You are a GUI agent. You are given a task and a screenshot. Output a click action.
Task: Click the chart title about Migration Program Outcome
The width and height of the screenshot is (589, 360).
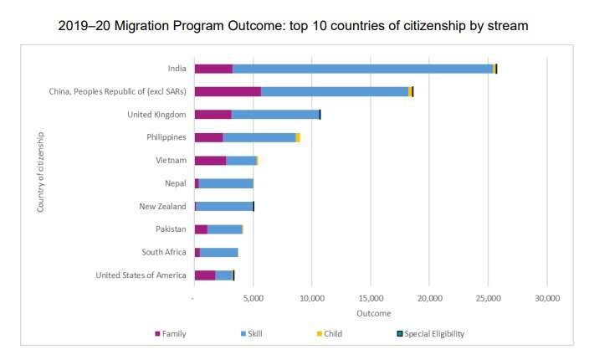[x=294, y=26]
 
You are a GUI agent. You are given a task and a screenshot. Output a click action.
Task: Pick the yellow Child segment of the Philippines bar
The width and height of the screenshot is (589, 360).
[x=298, y=137]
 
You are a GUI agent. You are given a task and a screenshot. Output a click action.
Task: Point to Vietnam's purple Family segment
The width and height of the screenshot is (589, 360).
[x=210, y=160]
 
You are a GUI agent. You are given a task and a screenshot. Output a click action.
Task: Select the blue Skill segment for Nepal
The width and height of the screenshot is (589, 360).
[x=226, y=183]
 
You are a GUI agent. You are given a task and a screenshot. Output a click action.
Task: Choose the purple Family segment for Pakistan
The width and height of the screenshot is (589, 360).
[x=201, y=229]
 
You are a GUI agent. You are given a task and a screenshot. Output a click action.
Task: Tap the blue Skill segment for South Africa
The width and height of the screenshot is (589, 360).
[x=219, y=252]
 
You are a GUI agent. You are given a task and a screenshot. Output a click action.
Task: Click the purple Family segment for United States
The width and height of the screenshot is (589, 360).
[x=205, y=275]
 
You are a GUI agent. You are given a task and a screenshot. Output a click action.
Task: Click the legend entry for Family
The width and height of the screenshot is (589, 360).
[x=171, y=333]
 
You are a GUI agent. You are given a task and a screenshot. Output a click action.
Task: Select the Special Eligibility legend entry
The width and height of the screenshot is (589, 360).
[x=429, y=333]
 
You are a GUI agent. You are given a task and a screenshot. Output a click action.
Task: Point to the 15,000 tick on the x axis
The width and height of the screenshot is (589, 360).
[x=371, y=297]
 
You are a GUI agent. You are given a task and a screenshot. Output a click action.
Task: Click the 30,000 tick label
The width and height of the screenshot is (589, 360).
[x=546, y=297]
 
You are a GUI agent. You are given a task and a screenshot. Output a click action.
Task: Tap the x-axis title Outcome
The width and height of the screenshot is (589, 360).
[x=373, y=313]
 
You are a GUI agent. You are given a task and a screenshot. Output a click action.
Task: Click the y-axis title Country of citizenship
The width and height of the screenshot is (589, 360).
[x=41, y=171]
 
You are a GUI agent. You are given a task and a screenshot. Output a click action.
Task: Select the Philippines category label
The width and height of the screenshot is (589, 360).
[x=166, y=137]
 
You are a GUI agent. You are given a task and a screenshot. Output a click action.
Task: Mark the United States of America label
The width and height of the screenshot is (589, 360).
[x=141, y=275]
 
